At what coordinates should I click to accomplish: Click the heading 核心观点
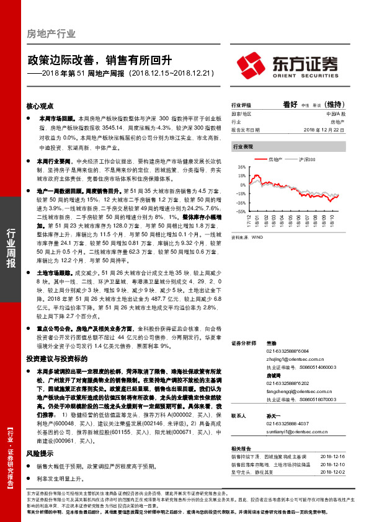point(40,106)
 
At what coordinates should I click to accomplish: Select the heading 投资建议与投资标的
point(53,359)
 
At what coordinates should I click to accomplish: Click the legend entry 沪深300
point(309,159)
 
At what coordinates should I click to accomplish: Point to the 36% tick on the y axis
point(242,167)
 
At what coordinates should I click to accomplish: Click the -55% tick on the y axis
point(241,211)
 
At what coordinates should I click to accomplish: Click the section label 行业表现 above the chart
point(242,147)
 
